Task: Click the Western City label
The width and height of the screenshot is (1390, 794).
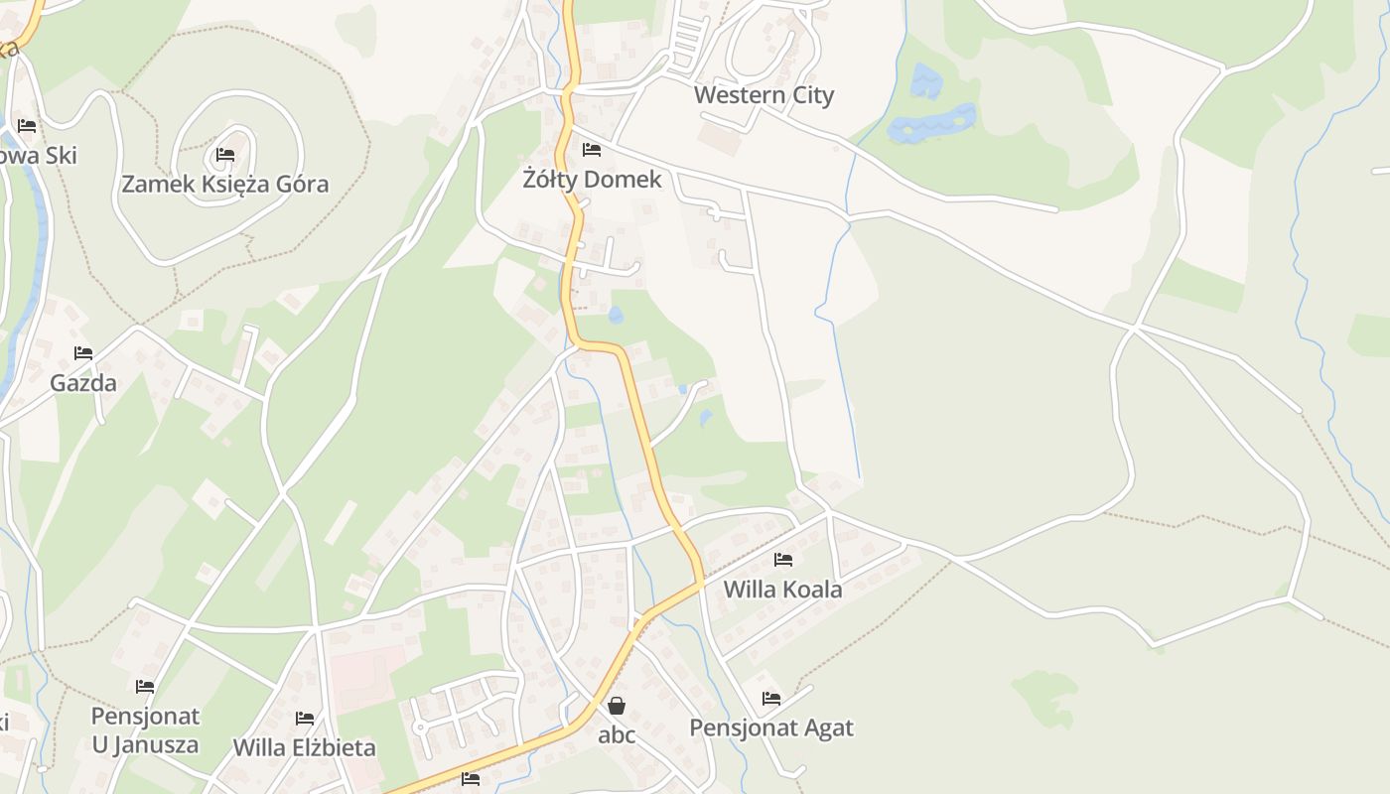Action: tap(764, 95)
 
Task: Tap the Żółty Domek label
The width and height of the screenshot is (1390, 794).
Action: tap(592, 180)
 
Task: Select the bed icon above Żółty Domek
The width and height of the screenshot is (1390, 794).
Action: tap(592, 150)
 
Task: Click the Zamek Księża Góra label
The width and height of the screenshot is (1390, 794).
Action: tap(224, 184)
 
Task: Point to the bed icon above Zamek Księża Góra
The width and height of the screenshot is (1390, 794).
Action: tap(225, 155)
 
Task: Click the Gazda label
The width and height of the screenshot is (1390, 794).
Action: tap(83, 383)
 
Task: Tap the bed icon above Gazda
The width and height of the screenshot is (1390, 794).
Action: tap(83, 353)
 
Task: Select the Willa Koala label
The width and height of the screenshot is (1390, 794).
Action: tap(782, 590)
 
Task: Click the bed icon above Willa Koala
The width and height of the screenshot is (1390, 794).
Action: tap(783, 560)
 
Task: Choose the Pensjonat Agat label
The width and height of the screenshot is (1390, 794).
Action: tap(771, 728)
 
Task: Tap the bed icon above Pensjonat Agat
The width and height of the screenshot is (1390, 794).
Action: tap(771, 699)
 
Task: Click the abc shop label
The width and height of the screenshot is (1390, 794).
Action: tap(617, 735)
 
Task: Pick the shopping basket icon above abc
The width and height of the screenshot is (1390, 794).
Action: tap(617, 706)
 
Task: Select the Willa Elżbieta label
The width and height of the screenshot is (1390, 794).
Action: tap(304, 747)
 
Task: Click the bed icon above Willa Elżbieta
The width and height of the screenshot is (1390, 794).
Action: tap(305, 718)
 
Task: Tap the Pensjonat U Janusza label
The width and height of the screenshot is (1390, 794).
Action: tap(145, 730)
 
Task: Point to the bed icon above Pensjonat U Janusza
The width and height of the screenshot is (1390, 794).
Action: tap(145, 687)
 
